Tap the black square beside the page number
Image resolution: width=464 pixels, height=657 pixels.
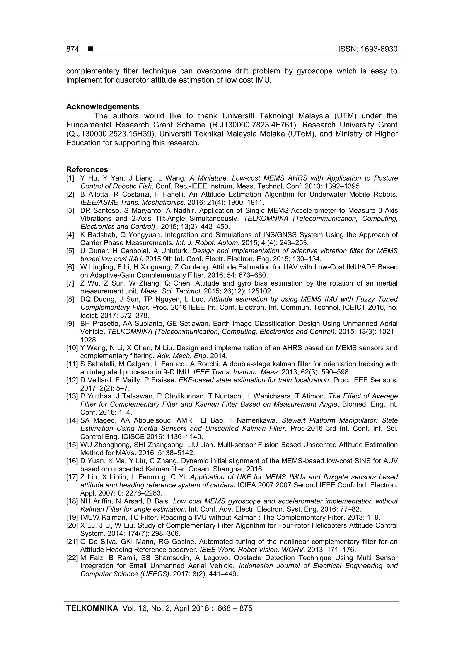coord(91,49)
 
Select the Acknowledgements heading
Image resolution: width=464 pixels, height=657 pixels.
coord(103,107)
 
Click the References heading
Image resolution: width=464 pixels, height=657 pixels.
coord(87,170)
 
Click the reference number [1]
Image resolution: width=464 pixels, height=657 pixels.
coord(70,178)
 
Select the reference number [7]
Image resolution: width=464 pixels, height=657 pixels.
coord(70,283)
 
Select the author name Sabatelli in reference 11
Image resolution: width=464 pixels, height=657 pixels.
coord(100,364)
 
